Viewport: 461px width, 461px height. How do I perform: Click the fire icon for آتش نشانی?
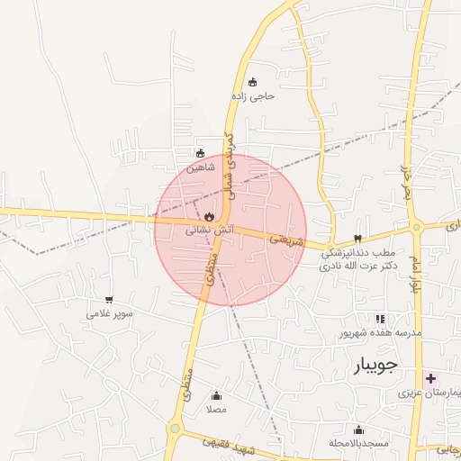[209, 217]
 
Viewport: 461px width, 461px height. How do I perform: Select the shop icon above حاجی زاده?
[252, 82]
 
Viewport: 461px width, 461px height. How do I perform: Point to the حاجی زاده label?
[252, 95]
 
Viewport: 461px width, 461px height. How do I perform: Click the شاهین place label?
[201, 167]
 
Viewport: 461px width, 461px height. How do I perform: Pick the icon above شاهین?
[200, 153]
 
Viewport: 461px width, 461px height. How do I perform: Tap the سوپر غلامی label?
[110, 313]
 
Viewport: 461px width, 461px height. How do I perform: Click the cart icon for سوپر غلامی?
[109, 300]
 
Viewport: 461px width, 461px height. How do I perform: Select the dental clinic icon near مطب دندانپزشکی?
[358, 239]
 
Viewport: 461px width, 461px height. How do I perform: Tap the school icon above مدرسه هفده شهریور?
[380, 319]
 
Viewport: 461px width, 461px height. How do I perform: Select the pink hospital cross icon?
[431, 378]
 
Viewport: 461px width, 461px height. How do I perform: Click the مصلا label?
[216, 409]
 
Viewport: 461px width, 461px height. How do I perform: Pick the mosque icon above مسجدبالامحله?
[358, 429]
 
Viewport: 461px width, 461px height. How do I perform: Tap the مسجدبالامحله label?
[358, 443]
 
